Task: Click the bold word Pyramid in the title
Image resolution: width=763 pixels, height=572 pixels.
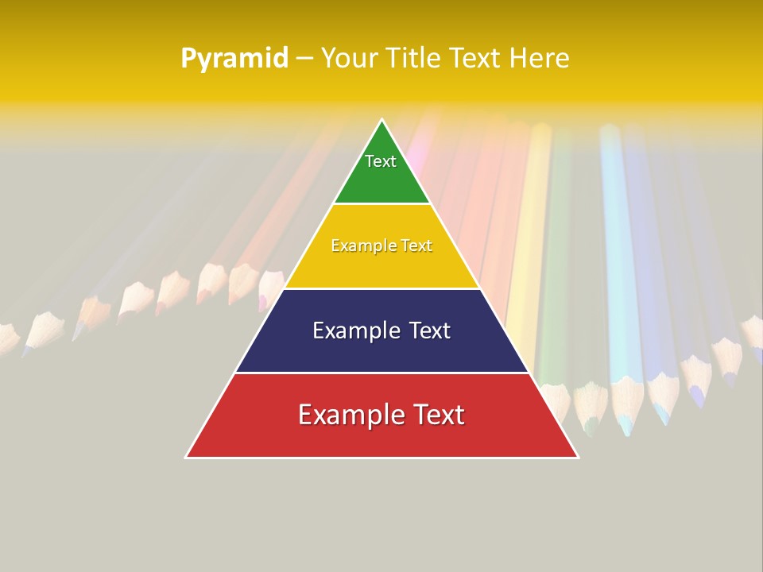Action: [234, 59]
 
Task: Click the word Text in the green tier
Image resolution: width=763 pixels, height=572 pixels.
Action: [381, 161]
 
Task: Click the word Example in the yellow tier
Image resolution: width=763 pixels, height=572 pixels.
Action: [355, 246]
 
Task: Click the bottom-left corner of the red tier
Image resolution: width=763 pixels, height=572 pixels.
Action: [187, 457]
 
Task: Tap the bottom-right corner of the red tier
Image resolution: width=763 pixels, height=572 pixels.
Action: [578, 457]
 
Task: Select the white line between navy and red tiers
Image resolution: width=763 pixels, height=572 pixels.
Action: [381, 373]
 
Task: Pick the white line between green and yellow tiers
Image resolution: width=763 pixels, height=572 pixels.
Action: [381, 204]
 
